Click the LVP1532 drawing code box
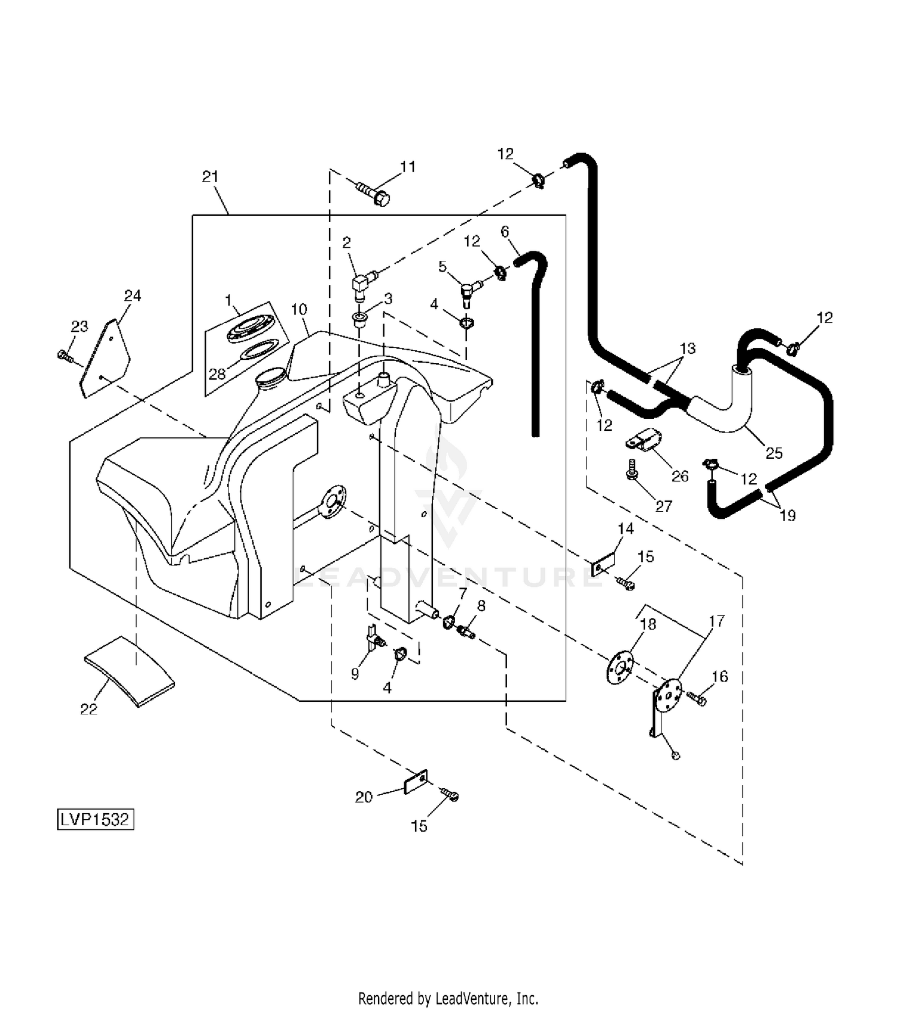point(95,819)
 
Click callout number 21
point(210,177)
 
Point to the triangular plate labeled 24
point(106,359)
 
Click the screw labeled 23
point(65,357)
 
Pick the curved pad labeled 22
point(129,671)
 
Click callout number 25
point(774,453)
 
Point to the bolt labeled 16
point(696,697)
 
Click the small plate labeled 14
point(603,565)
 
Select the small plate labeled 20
point(416,781)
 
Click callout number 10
point(299,309)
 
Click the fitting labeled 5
point(468,291)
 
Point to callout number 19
point(788,515)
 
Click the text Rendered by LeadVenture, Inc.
point(448,998)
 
